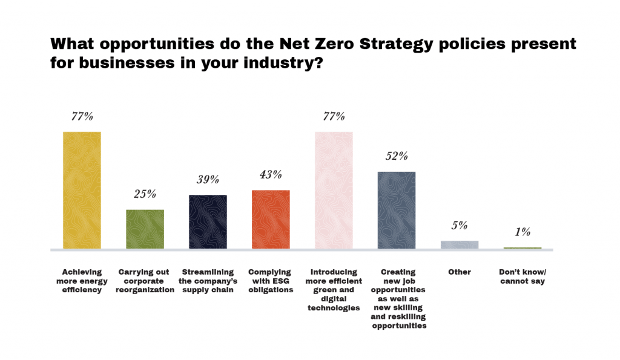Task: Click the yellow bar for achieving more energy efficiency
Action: (x=82, y=190)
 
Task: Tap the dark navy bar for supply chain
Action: (x=208, y=221)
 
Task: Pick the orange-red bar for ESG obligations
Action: (x=271, y=219)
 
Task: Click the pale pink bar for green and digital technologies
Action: (x=334, y=190)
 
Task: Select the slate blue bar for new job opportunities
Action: (x=397, y=210)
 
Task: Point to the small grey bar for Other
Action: (x=460, y=244)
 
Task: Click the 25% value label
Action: (x=145, y=194)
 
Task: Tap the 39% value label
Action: (x=208, y=180)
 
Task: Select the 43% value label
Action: (x=271, y=175)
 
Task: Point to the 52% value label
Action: (x=397, y=156)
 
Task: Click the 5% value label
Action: (x=460, y=226)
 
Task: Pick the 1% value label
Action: (x=523, y=232)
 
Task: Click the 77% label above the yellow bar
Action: (x=82, y=117)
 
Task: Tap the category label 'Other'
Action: (x=460, y=272)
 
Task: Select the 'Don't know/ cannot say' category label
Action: (x=523, y=277)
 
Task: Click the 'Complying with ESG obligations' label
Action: (x=269, y=281)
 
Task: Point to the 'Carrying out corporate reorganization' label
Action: (x=145, y=281)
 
